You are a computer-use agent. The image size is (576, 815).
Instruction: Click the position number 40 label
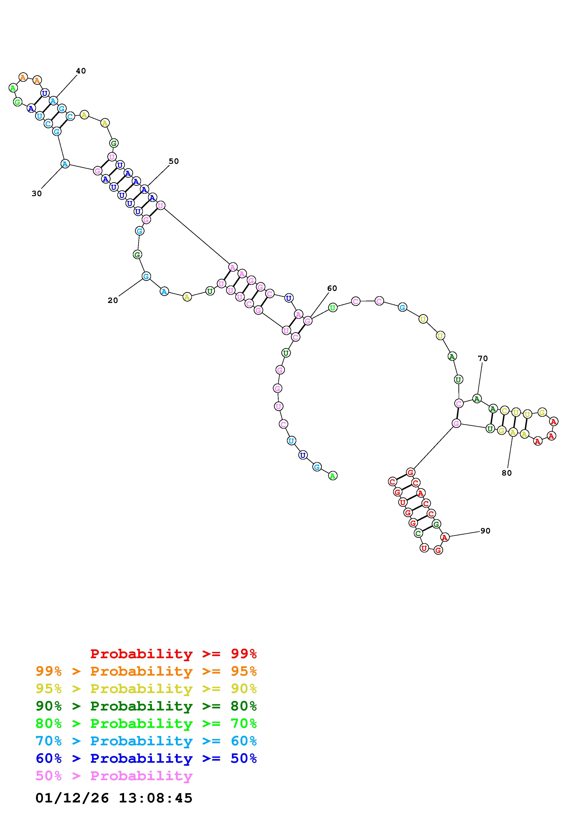tap(81, 71)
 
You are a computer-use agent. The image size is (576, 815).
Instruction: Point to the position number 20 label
tap(113, 300)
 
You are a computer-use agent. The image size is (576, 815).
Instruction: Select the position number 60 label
tap(332, 288)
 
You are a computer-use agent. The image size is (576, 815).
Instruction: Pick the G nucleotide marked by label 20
tap(146, 276)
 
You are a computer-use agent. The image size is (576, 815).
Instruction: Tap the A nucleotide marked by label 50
tap(144, 190)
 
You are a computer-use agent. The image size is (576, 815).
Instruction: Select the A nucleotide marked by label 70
tap(477, 399)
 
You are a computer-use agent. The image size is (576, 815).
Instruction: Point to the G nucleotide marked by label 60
tap(308, 321)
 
